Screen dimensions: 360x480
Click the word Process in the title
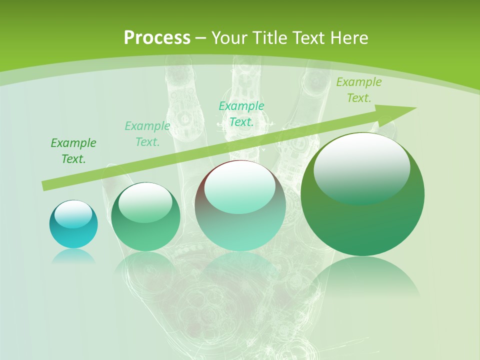(157, 38)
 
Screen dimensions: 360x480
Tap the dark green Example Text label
(73, 151)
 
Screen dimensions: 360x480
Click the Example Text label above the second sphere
(147, 134)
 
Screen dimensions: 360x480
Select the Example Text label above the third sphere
(241, 114)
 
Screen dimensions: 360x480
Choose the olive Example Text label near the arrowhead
(358, 90)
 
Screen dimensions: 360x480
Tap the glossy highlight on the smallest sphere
(73, 213)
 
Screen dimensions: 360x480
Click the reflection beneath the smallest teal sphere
(73, 256)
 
